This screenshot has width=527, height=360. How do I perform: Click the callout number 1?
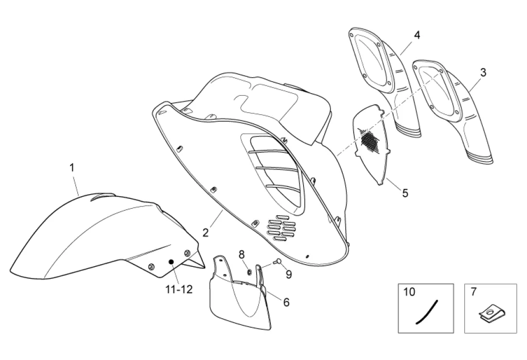pos(72,167)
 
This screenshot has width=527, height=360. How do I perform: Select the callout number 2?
pos(205,232)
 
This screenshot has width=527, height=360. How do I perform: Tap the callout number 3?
pos(483,73)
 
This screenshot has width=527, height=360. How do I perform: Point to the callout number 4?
pos(417,35)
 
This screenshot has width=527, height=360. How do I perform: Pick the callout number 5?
pos(405,193)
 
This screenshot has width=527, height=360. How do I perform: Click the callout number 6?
pos(286,302)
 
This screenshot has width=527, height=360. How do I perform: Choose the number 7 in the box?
pos(473,292)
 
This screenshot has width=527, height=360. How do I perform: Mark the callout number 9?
pos(289,275)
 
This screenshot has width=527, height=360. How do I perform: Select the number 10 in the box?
pos(409,292)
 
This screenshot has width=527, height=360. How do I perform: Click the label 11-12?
pos(179,289)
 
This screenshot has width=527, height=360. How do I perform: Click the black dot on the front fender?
pos(171,262)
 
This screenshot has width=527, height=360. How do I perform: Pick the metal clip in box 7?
pos(490,313)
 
